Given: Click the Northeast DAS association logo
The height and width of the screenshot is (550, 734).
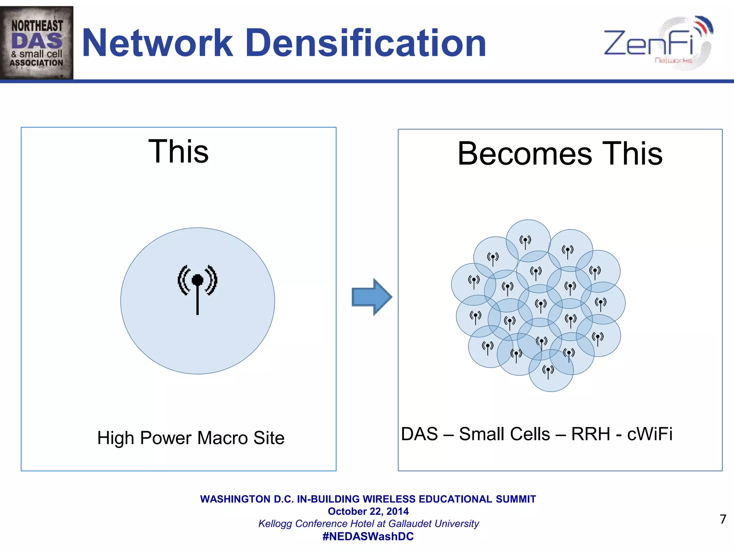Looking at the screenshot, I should [x=37, y=43].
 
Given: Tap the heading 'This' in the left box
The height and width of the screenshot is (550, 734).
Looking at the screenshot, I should [x=178, y=151].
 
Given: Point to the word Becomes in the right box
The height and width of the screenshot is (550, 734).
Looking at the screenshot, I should [x=525, y=154].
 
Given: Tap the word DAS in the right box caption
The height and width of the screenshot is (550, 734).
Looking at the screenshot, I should [x=419, y=434].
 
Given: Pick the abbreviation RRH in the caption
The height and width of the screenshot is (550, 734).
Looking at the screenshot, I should [x=591, y=434].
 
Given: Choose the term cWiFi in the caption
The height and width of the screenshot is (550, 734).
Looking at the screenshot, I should [x=649, y=434].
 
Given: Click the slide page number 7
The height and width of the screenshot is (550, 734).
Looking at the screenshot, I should [x=723, y=519].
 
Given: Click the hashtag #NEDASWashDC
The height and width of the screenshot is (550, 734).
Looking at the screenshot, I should [x=368, y=536].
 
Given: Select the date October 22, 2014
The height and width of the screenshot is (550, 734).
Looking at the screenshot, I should [x=368, y=511].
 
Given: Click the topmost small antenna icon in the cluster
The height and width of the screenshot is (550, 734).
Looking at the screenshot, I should [x=525, y=242].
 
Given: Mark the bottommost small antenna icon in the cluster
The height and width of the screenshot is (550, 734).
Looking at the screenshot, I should [x=548, y=372].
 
